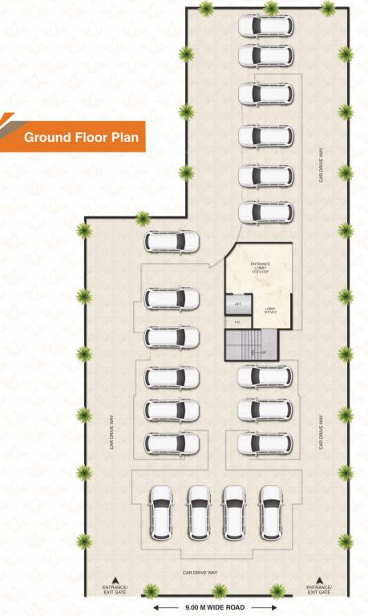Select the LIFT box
(237, 305)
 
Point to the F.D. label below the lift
(237, 322)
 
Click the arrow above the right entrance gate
(320, 579)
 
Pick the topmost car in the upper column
(265, 25)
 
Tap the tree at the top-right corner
(328, 8)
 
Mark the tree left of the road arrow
(150, 592)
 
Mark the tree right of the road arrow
(277, 592)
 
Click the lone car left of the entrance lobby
(172, 240)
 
